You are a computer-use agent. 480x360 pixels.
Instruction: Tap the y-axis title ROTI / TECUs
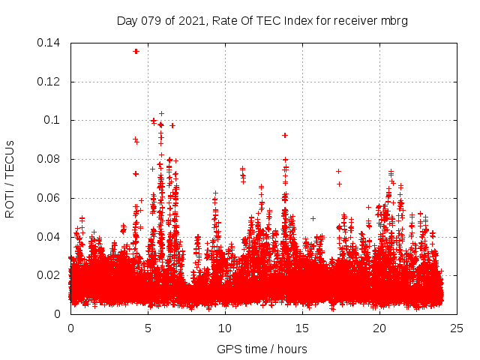(10, 178)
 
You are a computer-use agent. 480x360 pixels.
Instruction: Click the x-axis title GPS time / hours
(262, 349)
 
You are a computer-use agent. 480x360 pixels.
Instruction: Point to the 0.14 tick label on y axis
(50, 43)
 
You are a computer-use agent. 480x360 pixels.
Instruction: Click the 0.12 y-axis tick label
(50, 82)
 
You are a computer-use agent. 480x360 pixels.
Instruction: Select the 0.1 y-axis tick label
(54, 120)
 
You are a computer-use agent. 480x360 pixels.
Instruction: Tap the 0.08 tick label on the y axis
(50, 159)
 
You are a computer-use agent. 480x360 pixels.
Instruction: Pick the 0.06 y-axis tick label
(50, 198)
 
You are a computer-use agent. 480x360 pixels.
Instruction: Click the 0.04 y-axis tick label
(50, 237)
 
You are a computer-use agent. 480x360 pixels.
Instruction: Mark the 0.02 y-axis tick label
(50, 275)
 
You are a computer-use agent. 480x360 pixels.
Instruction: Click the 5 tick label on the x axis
(148, 328)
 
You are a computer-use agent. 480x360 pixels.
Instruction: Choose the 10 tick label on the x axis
(225, 328)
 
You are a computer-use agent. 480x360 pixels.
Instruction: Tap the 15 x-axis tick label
(302, 328)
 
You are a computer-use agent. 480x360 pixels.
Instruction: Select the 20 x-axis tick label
(379, 328)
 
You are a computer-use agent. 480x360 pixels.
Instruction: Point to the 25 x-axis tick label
(457, 328)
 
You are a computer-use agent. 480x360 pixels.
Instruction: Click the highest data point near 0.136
(136, 51)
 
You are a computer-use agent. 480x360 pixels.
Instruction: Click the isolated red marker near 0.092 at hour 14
(285, 135)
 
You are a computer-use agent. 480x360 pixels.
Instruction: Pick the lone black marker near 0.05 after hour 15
(313, 218)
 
